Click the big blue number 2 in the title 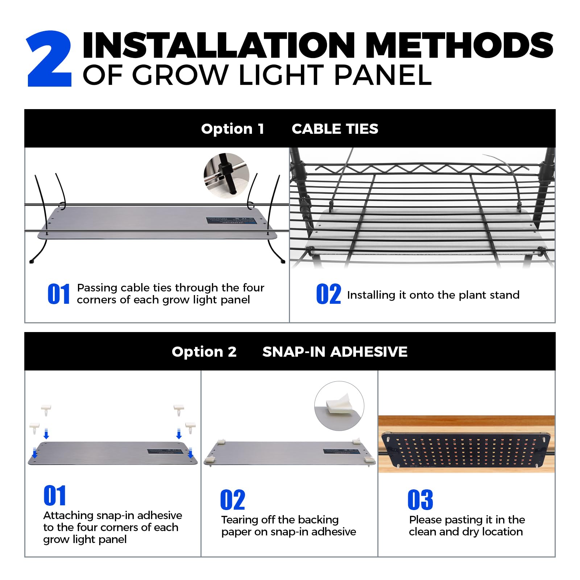coord(50,59)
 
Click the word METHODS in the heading coord(461,45)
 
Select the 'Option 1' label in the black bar coord(232,129)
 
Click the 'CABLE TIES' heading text coord(335,129)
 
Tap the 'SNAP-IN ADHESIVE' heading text coord(335,352)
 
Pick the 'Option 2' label coord(204,352)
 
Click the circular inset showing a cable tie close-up coord(227,175)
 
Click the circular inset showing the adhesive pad coord(339,406)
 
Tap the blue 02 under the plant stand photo coord(328,294)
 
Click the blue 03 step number coord(420,500)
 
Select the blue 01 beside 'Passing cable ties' coord(59,294)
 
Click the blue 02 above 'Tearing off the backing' coord(232,500)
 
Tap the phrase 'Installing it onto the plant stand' coord(433,295)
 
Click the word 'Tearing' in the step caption coord(240,520)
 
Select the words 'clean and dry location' coord(466,532)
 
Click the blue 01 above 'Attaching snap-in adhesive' coord(55,496)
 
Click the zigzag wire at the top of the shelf coord(417,168)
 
